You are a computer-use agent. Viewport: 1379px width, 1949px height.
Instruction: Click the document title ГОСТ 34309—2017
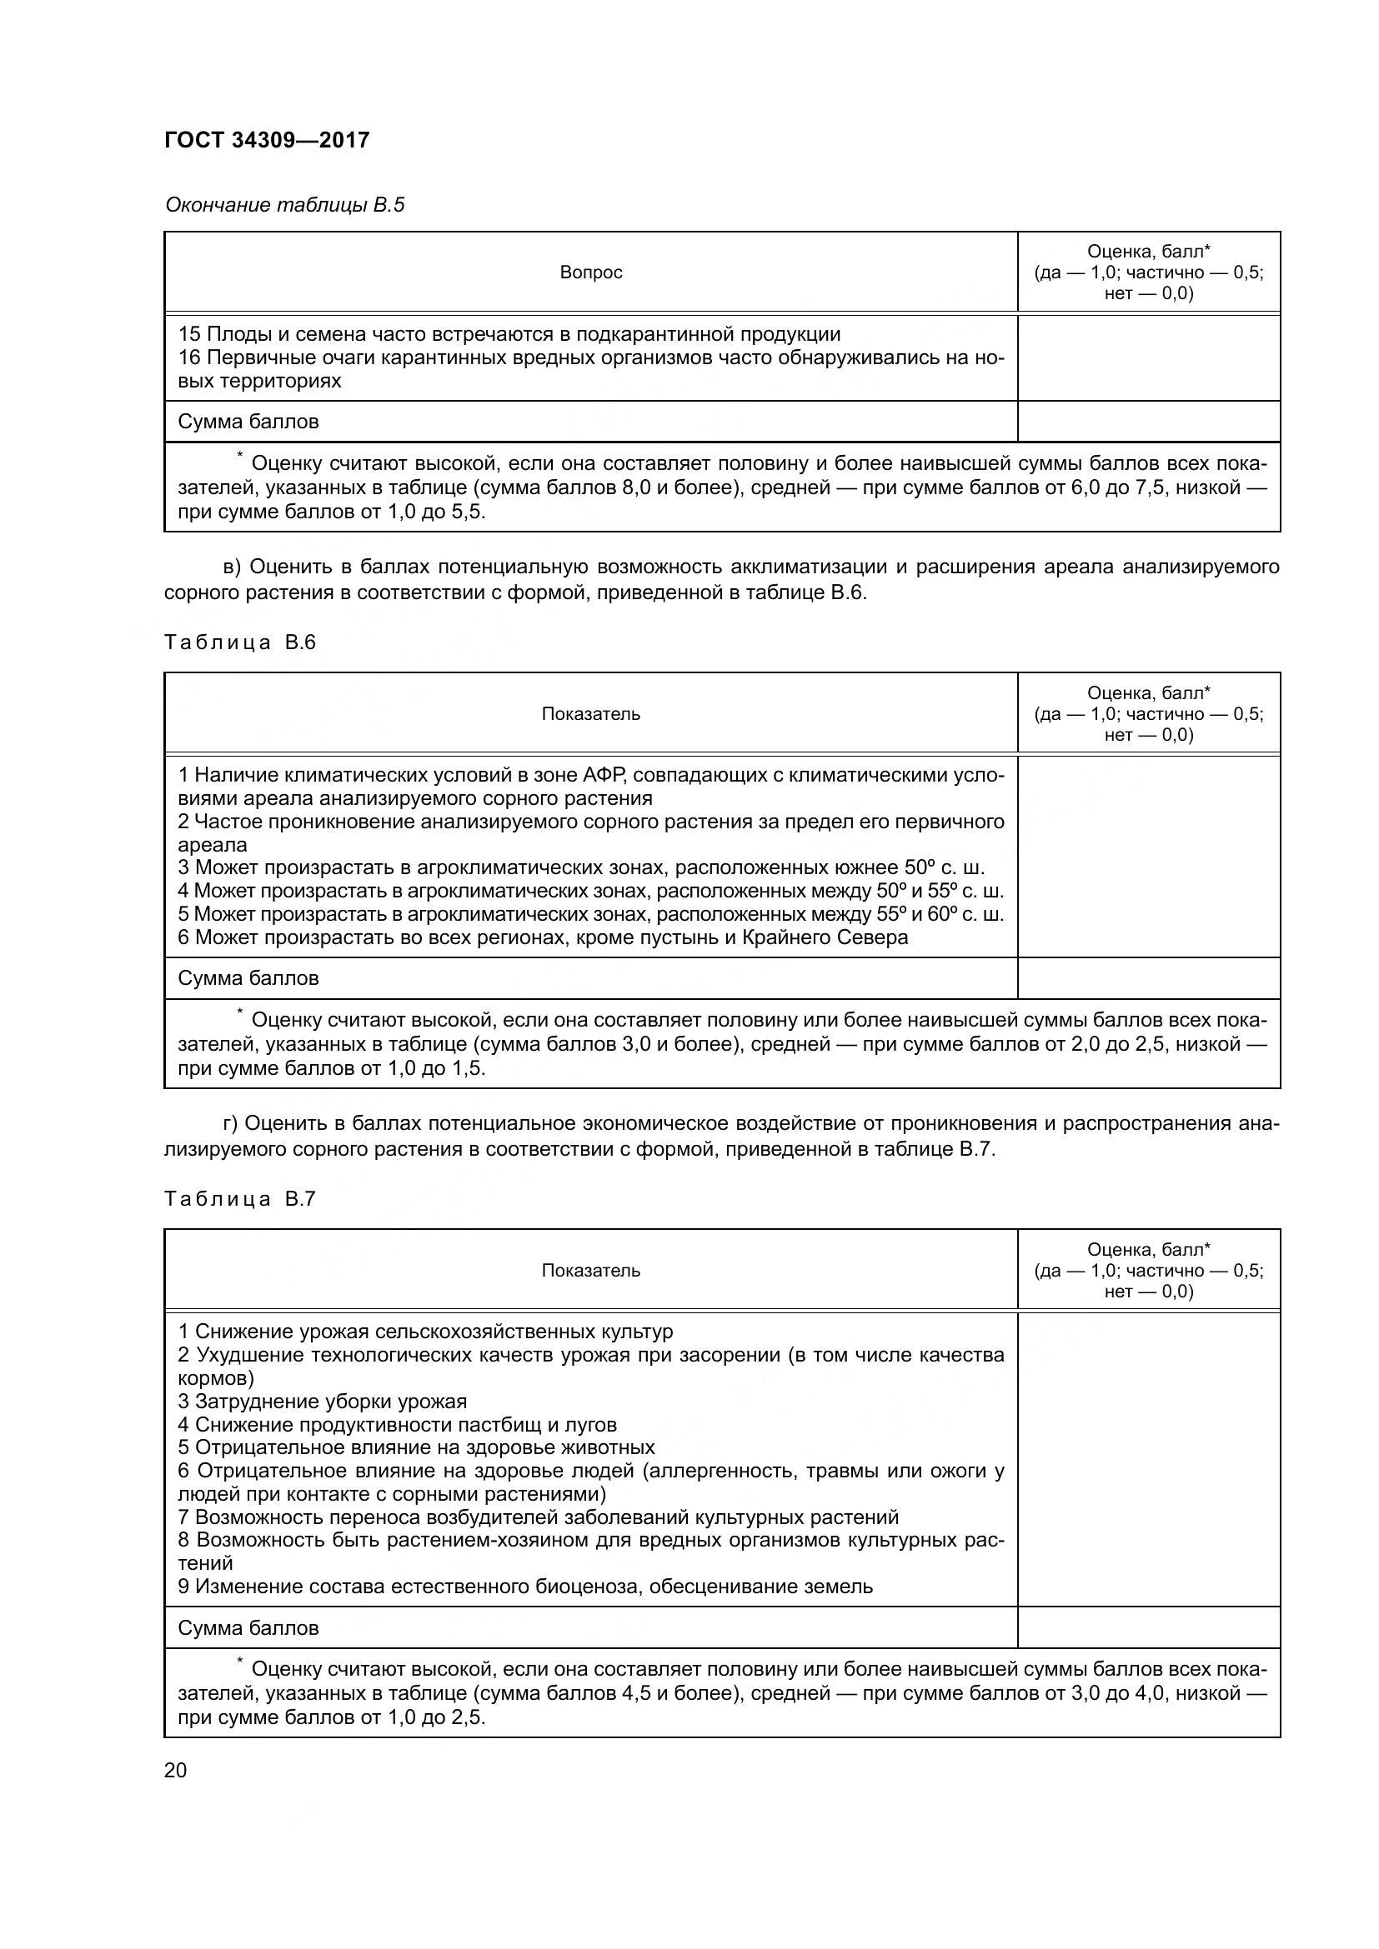pos(267,140)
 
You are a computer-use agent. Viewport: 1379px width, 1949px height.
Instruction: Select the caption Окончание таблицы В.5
pos(284,206)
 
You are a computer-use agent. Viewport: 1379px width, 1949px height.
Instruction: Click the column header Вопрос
pos(591,272)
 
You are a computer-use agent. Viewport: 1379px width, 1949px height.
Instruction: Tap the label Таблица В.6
pos(239,642)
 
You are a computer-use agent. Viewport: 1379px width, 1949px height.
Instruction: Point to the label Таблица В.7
pos(239,1199)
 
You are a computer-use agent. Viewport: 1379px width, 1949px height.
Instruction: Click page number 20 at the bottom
pos(175,1771)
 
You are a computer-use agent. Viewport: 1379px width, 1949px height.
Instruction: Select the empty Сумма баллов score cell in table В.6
pos(1148,979)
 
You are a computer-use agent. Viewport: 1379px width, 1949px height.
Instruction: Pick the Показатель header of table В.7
pos(591,1271)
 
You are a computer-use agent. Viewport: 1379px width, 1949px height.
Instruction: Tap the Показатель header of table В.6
pos(591,714)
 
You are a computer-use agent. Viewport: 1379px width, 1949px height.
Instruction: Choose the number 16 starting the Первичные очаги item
pos(188,358)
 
